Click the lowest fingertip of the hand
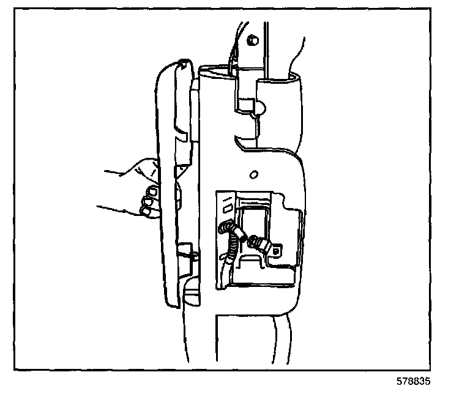(x=146, y=210)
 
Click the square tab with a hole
(x=277, y=250)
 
